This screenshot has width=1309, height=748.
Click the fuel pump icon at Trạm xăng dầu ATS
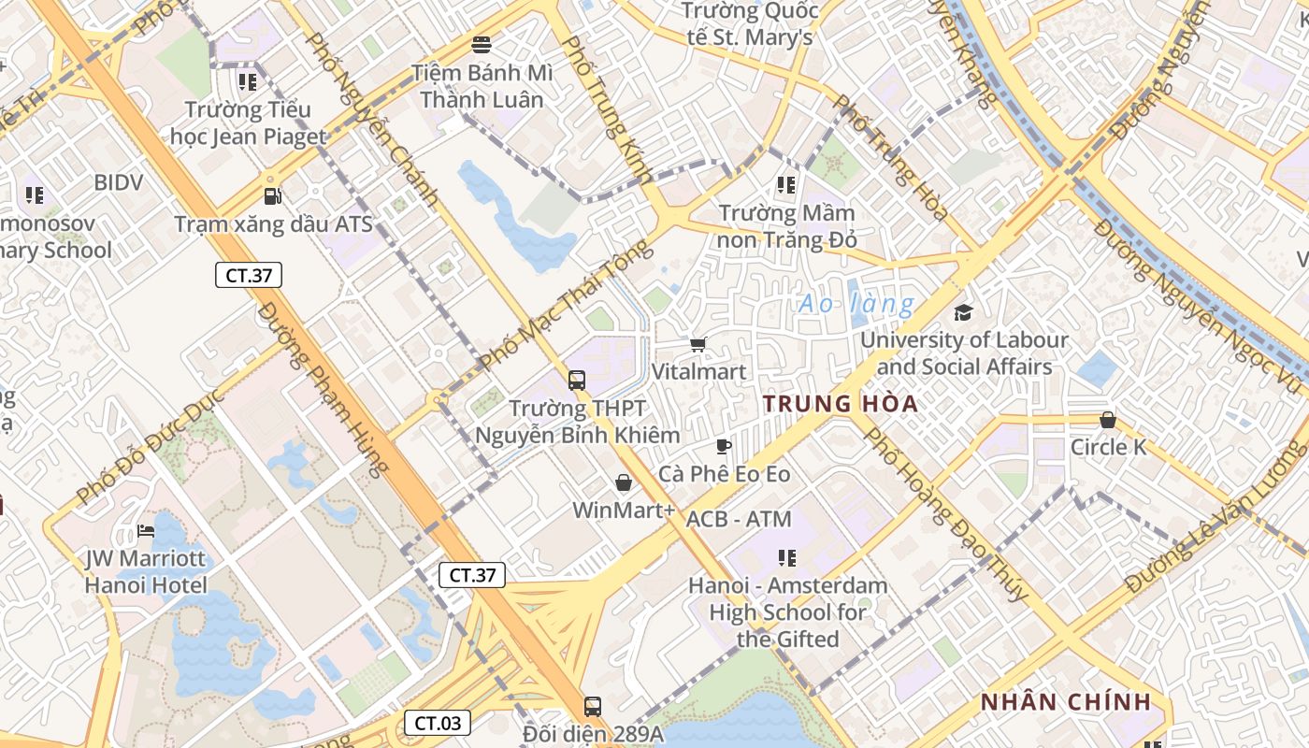272,196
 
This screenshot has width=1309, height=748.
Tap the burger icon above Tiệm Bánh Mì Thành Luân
482,44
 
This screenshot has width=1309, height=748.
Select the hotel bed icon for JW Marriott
145,531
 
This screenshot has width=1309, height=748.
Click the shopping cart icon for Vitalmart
698,344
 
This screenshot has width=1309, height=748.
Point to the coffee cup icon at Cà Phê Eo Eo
723,446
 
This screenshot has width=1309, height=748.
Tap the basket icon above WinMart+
624,482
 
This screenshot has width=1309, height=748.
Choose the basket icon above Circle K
1108,420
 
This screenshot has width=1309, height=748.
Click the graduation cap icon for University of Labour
963,312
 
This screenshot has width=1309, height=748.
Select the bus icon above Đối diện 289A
592,706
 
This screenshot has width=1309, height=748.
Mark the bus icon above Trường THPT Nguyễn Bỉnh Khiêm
577,381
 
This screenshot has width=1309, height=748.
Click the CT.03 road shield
437,723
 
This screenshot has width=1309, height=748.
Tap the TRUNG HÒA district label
840,404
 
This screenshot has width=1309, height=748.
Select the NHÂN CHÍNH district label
1064,702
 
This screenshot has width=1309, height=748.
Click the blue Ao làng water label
856,304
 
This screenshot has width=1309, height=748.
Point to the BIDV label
119,182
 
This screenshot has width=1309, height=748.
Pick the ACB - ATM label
739,519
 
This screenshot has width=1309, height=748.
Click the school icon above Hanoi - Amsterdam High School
787,558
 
